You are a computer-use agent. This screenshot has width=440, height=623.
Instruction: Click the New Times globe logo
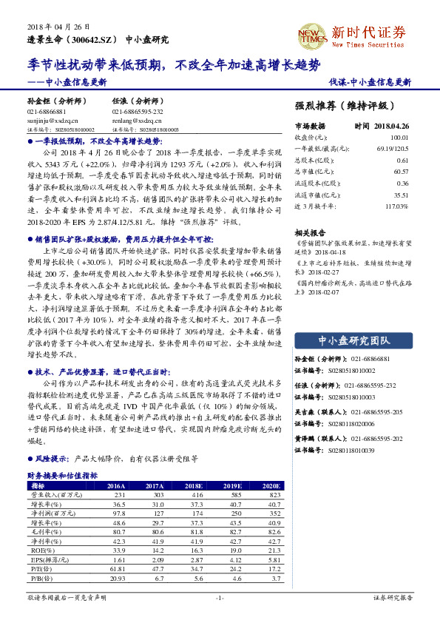[311, 34]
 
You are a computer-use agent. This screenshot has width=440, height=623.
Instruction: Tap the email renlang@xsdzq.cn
[132, 119]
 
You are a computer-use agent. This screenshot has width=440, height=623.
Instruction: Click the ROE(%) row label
[37, 550]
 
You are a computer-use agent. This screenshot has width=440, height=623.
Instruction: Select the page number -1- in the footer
[220, 596]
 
